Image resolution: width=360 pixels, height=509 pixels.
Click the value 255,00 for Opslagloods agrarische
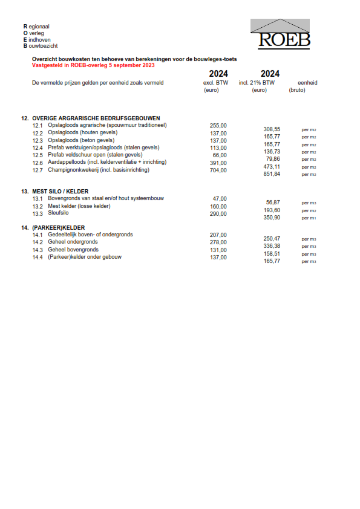coord(218,126)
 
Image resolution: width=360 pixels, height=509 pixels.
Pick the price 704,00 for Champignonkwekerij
coord(218,170)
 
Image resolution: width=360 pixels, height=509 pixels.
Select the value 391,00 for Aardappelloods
coord(218,163)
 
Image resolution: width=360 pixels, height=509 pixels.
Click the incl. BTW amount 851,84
coord(272,174)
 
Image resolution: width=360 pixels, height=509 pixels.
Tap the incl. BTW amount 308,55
coord(272,129)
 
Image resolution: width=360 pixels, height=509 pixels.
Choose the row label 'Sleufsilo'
coord(59,213)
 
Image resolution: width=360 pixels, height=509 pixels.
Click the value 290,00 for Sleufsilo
coord(218,213)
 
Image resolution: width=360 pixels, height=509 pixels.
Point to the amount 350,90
coord(272,218)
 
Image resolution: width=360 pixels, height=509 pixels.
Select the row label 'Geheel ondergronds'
coord(73,242)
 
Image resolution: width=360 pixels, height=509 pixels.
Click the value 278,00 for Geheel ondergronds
coord(218,242)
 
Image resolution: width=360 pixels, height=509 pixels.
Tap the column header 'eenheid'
coord(307,83)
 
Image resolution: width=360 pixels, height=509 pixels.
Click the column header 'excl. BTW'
coord(215,83)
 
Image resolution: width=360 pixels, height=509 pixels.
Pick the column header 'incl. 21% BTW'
coord(257,83)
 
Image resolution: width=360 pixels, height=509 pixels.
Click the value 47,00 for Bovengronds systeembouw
coord(220,199)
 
